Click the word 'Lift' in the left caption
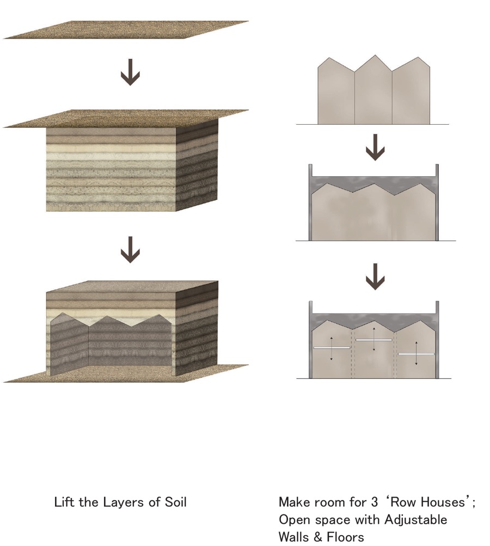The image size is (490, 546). [64, 502]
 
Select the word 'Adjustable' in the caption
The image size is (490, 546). [416, 520]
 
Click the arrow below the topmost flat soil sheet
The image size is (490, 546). [130, 75]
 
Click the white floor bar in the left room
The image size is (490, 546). [332, 347]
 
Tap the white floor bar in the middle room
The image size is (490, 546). [373, 340]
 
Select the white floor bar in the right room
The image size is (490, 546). [416, 354]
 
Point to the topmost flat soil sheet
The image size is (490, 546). [126, 30]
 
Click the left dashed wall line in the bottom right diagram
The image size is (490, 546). [353, 354]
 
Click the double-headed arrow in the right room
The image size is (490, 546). [416, 353]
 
